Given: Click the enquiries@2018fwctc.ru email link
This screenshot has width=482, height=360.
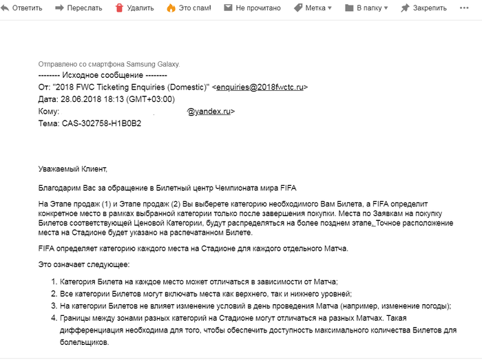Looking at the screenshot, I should tap(260, 87).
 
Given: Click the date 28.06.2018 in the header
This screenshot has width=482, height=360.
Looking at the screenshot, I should tap(83, 99).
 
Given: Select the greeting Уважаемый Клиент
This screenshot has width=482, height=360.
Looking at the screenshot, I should tap(74, 169).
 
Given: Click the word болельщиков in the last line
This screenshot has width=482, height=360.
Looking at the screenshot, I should tap(83, 342).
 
